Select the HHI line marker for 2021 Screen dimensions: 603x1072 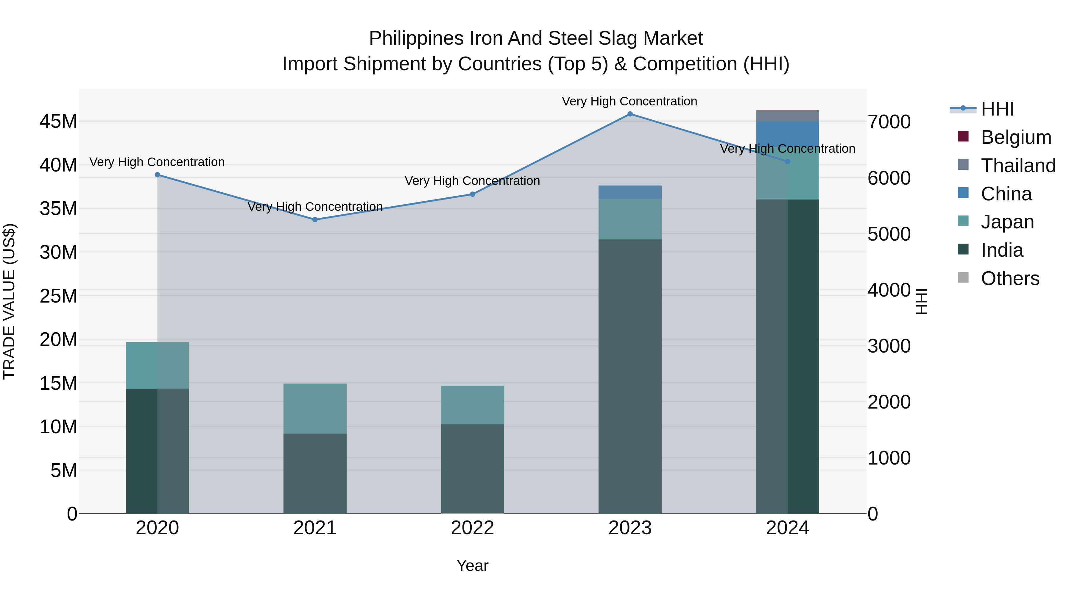point(315,220)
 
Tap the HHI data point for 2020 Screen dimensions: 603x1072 point(157,175)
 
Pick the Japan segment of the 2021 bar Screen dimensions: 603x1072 point(315,408)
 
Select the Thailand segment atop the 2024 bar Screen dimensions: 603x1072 point(787,116)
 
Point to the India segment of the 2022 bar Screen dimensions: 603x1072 point(472,469)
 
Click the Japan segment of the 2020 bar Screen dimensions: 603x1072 point(157,365)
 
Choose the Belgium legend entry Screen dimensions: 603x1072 point(1015,137)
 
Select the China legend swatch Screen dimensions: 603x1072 point(963,193)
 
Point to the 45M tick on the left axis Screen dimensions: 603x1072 point(58,121)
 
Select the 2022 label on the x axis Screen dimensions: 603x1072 point(472,528)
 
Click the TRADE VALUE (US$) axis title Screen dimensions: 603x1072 point(9,301)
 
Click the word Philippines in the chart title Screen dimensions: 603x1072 point(416,38)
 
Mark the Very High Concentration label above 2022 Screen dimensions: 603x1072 point(472,181)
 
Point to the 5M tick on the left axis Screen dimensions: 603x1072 point(64,470)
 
